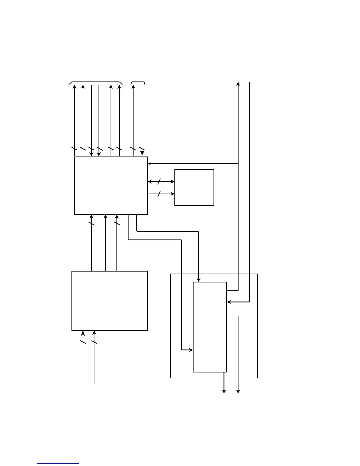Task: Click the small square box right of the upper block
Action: tap(194, 187)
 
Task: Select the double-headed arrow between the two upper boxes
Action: tap(161, 182)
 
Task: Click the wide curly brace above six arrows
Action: tap(96, 82)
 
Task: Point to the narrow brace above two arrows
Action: tap(138, 82)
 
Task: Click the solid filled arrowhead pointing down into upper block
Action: tap(142, 153)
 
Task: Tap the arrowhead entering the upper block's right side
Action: tap(149, 164)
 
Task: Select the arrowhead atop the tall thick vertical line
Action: tap(238, 84)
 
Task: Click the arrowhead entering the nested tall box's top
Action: tap(199, 280)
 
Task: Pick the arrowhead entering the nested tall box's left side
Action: tap(191, 350)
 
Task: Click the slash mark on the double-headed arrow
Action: tap(159, 182)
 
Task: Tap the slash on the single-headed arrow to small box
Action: tap(159, 194)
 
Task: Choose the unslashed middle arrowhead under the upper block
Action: tap(106, 217)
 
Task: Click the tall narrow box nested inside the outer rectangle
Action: tap(210, 327)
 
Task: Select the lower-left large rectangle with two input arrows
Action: tap(109, 300)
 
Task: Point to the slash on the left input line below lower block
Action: tap(83, 342)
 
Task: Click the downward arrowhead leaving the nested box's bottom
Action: tap(224, 391)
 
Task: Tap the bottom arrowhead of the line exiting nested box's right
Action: tap(238, 391)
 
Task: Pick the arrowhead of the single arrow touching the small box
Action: tap(173, 194)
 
